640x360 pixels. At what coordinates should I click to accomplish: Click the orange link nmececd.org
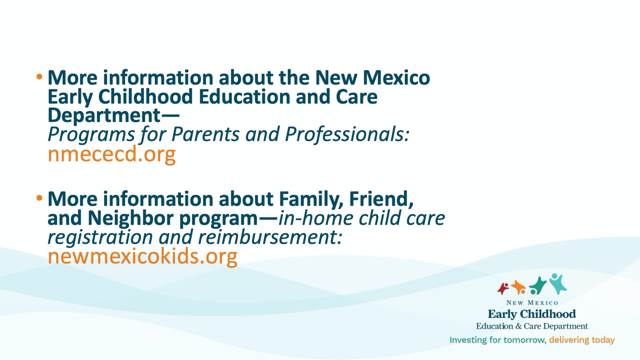tap(112, 154)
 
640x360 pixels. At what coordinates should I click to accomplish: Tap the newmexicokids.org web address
tap(143, 256)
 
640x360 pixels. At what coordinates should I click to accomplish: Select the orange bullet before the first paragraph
tap(39, 77)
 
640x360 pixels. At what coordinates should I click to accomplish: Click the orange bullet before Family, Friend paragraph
tap(39, 198)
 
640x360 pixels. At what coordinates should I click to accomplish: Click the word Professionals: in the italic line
tap(347, 135)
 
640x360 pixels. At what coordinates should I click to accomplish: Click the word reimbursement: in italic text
tap(270, 237)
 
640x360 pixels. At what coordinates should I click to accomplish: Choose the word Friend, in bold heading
tap(381, 199)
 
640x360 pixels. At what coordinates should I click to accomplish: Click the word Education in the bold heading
tap(245, 97)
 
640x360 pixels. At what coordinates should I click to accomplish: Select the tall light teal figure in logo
tap(558, 284)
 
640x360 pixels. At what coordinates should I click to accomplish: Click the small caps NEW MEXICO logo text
tap(532, 303)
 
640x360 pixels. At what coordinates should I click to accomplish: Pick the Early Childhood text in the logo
tap(532, 314)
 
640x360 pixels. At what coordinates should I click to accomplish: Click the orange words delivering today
tap(582, 340)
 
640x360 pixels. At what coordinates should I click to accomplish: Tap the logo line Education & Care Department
tap(532, 326)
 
